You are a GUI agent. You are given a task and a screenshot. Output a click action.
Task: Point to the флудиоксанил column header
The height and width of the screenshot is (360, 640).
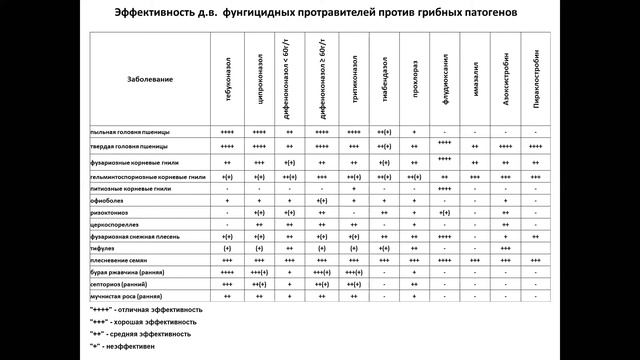[444, 78]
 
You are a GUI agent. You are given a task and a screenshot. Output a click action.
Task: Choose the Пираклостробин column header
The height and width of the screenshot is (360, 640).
[536, 78]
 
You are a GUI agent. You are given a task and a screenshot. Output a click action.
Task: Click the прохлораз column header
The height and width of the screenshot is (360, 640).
[413, 78]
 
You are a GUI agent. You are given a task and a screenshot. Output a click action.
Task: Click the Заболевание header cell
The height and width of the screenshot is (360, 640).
[151, 78]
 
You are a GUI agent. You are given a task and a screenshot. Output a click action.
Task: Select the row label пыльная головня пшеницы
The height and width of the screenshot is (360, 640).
[130, 132]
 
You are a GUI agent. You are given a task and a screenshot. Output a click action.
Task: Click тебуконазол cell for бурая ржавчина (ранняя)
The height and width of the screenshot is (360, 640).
[228, 272]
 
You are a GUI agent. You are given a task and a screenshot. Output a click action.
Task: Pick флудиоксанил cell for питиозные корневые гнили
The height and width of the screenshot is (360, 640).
[444, 188]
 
